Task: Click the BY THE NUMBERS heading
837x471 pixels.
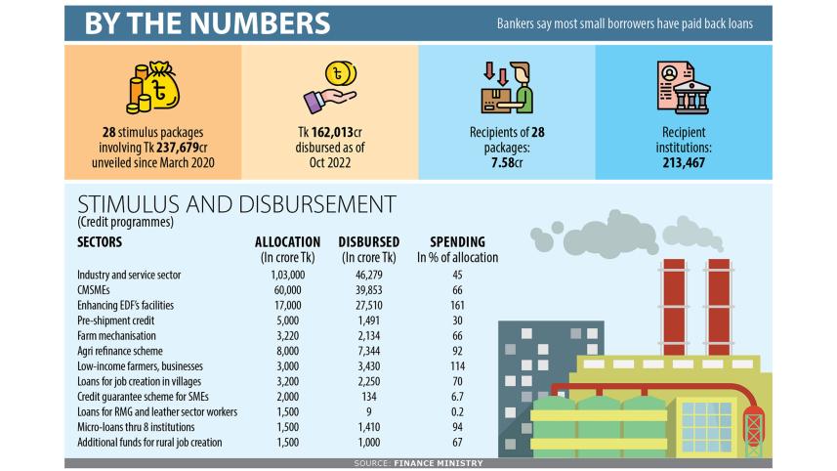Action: (206, 23)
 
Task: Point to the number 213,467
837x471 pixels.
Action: (683, 162)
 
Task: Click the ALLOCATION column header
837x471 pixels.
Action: (287, 242)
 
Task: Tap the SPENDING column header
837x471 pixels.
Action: (457, 242)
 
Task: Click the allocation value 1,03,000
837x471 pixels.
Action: (288, 276)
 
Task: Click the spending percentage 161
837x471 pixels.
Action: (457, 304)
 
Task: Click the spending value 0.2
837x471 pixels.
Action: (457, 412)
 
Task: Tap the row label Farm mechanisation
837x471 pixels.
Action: (117, 334)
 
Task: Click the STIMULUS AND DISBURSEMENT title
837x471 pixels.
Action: (236, 204)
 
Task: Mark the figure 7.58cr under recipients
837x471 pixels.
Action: (507, 162)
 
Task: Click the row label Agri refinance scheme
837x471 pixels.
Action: (119, 350)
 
